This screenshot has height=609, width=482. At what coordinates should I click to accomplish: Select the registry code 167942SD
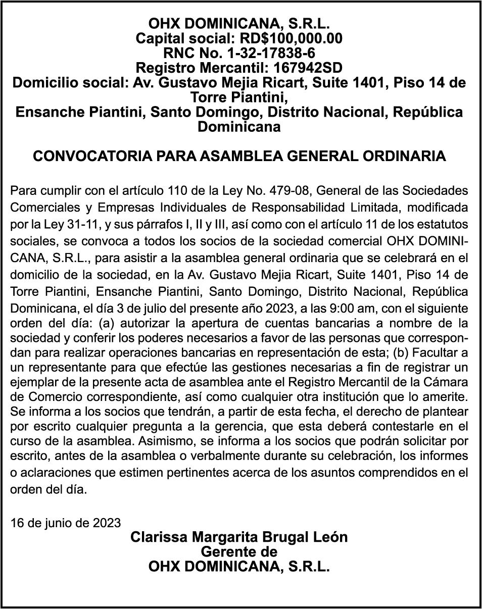pyautogui.click(x=289, y=67)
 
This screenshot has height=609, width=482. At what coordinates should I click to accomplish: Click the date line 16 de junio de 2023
pyautogui.click(x=66, y=522)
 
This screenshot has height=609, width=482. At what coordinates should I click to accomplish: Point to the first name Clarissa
pyautogui.click(x=155, y=537)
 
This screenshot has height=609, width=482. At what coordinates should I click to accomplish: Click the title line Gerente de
pyautogui.click(x=239, y=551)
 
